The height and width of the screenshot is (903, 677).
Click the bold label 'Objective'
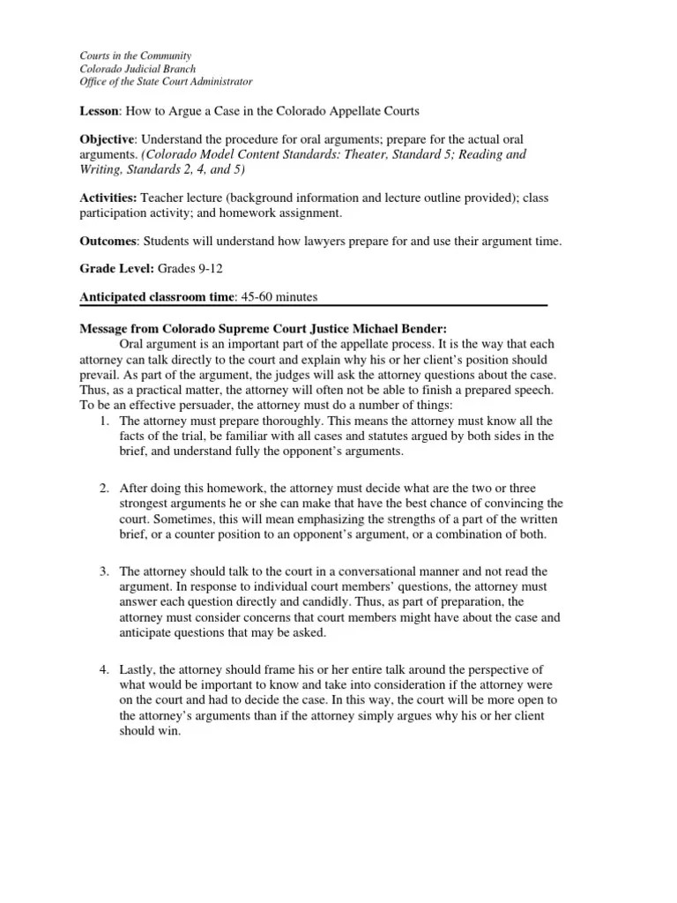106,140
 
